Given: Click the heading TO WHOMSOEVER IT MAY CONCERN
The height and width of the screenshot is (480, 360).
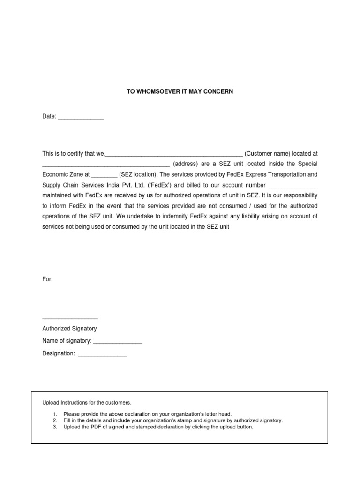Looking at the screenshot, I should pos(180,92).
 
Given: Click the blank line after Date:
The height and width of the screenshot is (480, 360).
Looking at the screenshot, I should pos(80,118).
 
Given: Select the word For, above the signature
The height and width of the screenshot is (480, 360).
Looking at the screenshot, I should pos(48,279).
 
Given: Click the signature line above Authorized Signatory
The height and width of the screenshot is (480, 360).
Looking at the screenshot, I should pos(70,319).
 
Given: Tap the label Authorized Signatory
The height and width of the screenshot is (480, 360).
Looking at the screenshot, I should pos(69,329).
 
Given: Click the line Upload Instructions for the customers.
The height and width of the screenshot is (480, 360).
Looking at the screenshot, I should pos(87,403).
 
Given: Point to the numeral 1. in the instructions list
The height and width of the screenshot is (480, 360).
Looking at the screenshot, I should pos(55,414).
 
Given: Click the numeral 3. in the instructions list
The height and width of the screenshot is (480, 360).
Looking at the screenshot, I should pos(55,427).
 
